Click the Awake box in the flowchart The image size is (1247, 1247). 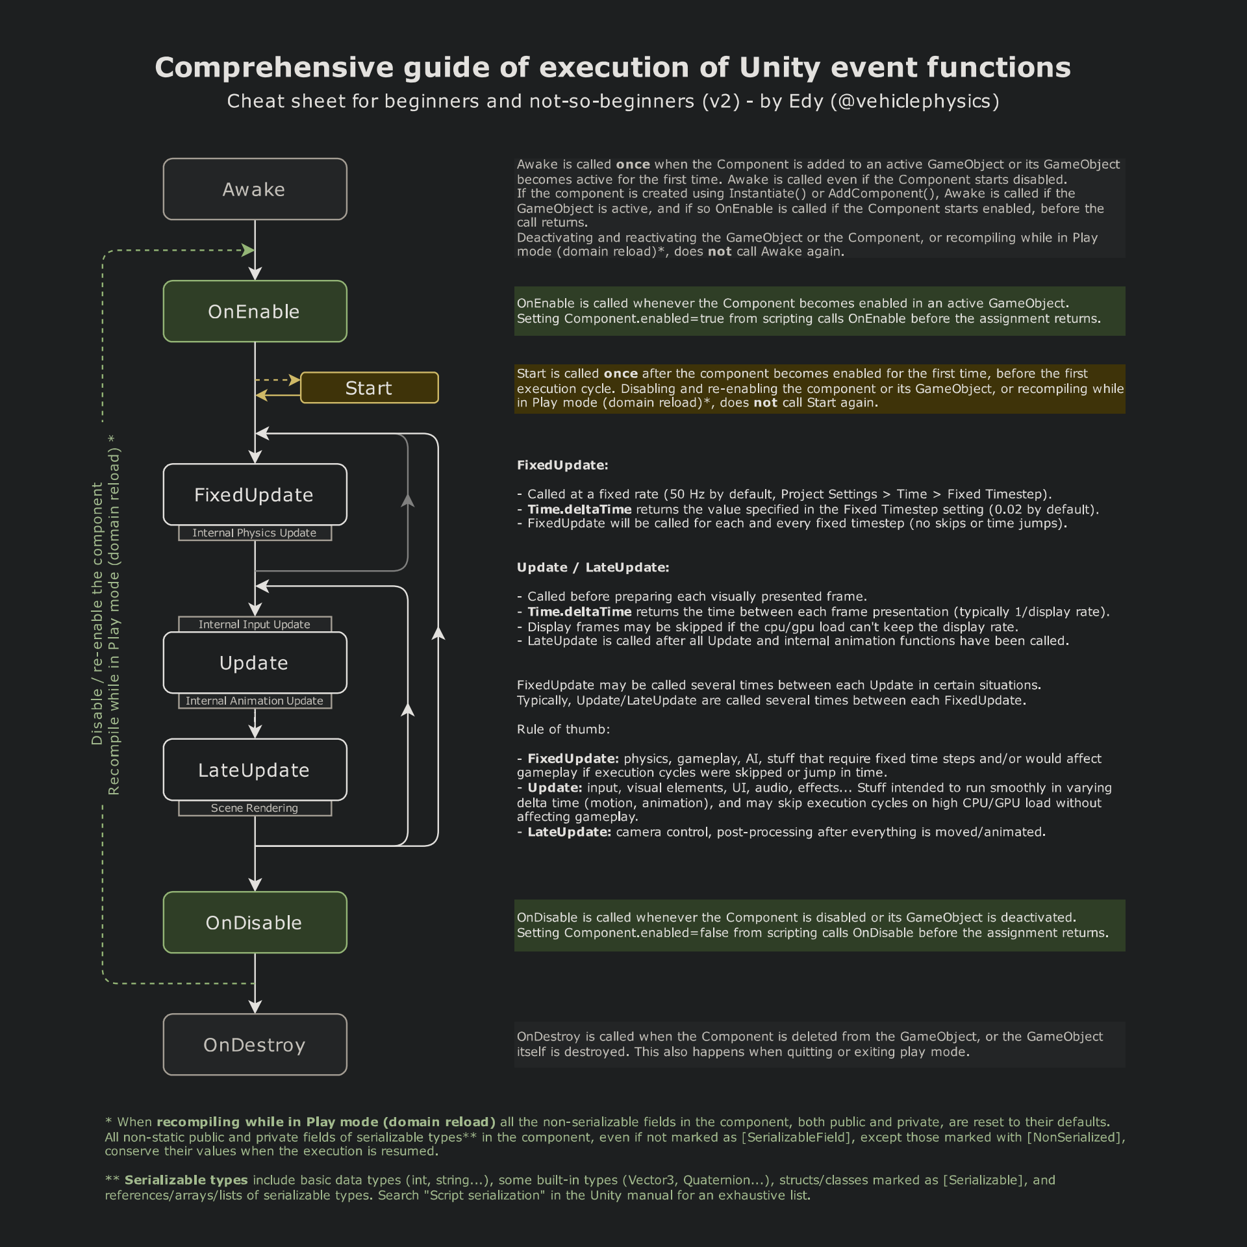[x=255, y=189]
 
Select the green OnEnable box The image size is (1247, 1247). [x=255, y=311]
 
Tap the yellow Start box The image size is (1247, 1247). [x=369, y=388]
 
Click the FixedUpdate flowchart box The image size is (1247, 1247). [x=255, y=494]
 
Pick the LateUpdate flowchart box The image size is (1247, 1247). [x=255, y=770]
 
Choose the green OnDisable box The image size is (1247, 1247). [x=255, y=922]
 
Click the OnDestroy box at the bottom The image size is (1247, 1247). [x=255, y=1044]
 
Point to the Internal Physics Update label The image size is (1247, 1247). [x=255, y=533]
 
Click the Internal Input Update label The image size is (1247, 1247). [x=255, y=624]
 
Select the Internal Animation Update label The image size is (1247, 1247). [x=255, y=701]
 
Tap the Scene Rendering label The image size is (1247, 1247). [x=255, y=808]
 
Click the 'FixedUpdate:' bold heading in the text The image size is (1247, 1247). [x=562, y=465]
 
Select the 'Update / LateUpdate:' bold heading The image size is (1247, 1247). [x=593, y=568]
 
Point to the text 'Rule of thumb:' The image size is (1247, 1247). [x=563, y=729]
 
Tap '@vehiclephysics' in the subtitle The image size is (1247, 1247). [x=911, y=101]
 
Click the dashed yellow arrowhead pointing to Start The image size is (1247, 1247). [x=295, y=379]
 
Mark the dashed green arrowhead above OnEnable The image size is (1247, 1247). [x=248, y=250]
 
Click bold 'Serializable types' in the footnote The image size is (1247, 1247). [x=186, y=1180]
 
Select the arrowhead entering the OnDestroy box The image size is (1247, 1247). [x=255, y=1006]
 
